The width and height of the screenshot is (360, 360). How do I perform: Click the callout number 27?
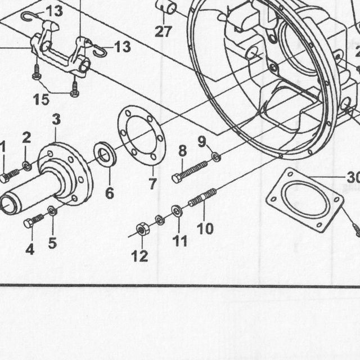(163, 31)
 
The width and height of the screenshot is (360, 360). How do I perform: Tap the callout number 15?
(41, 100)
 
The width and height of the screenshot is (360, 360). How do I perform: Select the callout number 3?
(56, 119)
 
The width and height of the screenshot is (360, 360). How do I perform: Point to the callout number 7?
(152, 183)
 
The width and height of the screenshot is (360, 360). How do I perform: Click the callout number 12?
(139, 256)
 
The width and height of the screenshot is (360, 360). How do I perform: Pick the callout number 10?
(205, 228)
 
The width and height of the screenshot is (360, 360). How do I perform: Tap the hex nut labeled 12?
(142, 229)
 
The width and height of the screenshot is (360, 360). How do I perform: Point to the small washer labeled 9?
(216, 157)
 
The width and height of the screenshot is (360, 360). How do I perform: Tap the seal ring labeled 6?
(105, 154)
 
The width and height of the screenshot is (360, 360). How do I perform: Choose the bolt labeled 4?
(34, 220)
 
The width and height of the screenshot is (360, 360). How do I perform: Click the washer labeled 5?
(52, 210)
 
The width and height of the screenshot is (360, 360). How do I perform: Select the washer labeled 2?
(27, 166)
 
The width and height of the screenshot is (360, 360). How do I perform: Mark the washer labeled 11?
(177, 210)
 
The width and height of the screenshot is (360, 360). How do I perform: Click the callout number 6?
(110, 193)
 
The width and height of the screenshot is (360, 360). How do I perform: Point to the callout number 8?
(182, 151)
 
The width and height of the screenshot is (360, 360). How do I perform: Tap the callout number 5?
(52, 243)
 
